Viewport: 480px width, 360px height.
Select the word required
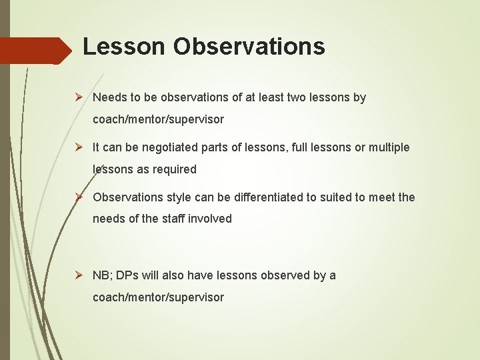pos(175,169)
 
